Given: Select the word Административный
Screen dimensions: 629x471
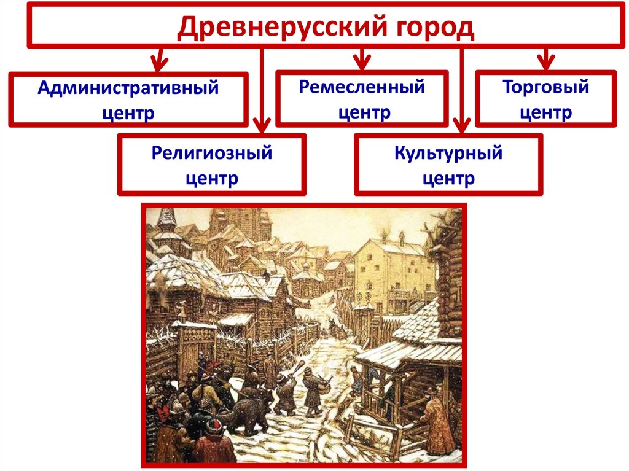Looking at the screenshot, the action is [x=128, y=88].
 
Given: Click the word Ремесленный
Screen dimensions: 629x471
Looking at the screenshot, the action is [x=362, y=87].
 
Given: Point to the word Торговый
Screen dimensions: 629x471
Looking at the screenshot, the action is [x=546, y=87].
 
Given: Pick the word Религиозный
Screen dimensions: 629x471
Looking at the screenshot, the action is [x=212, y=154].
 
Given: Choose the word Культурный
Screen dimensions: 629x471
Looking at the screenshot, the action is [x=448, y=154].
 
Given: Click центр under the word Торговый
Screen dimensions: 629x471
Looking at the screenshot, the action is [x=546, y=113].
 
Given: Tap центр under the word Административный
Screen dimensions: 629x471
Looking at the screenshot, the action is [x=128, y=114].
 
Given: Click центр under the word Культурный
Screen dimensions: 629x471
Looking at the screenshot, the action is [x=448, y=179].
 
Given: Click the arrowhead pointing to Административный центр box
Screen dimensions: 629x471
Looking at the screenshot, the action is [x=160, y=63].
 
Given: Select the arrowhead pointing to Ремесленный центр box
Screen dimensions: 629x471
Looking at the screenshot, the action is [x=362, y=62].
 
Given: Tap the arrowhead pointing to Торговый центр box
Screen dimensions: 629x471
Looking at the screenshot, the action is [x=546, y=62].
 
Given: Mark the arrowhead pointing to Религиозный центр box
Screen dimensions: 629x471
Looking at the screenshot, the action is [x=262, y=125].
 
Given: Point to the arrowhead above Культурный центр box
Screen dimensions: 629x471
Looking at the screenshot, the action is [x=463, y=125].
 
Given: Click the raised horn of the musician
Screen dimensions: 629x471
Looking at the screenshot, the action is [x=295, y=368].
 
